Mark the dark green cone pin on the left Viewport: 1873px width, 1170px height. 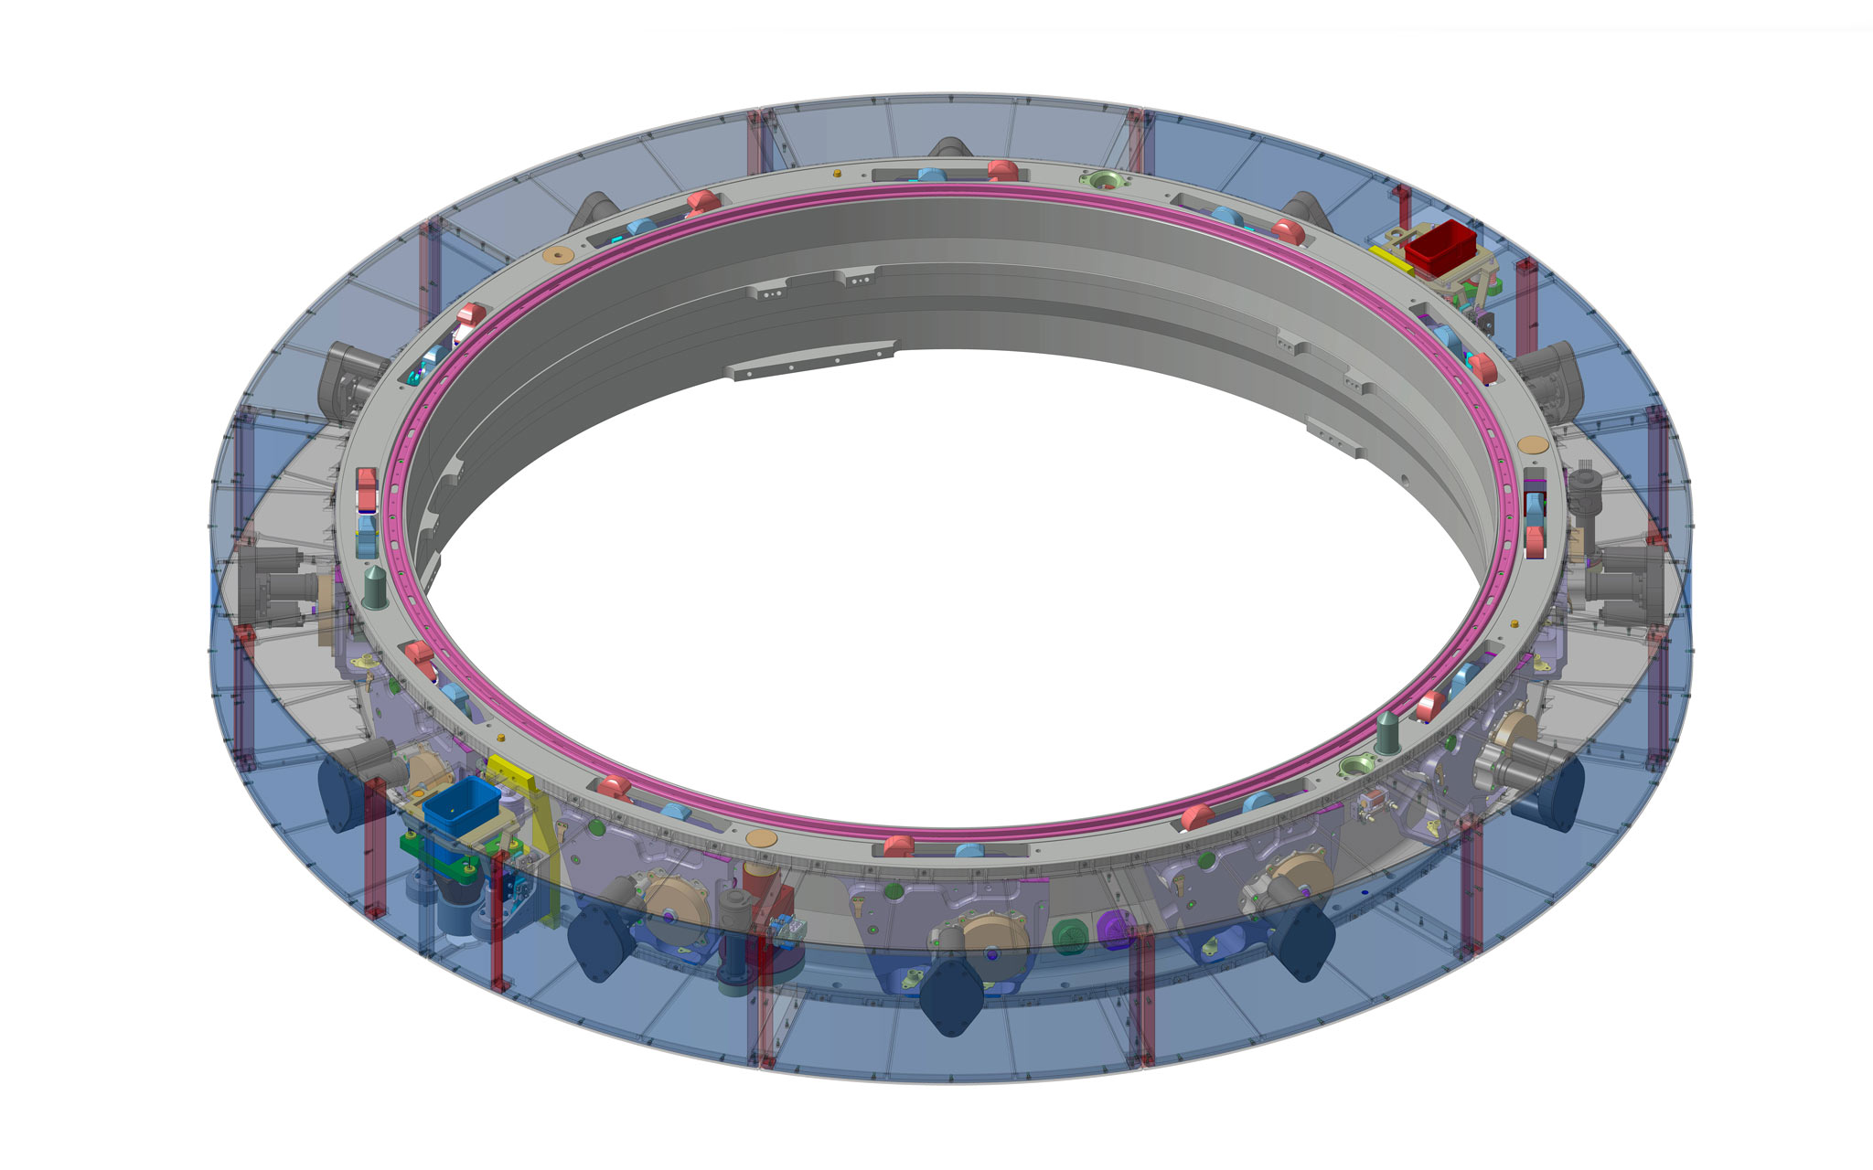click(x=375, y=587)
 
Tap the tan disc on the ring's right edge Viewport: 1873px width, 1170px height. click(x=1532, y=444)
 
